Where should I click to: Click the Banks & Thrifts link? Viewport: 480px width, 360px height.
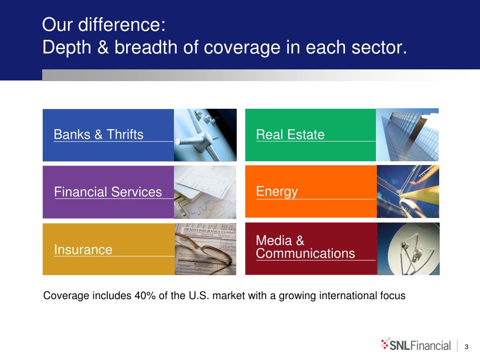pos(98,135)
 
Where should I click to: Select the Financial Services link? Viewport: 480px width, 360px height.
pos(108,192)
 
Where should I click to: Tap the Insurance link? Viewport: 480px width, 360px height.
pos(83,249)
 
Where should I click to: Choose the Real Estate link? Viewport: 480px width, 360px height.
pos(290,135)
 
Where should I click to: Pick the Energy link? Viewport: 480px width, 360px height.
pos(277,192)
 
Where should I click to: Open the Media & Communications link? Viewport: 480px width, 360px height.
pos(306,247)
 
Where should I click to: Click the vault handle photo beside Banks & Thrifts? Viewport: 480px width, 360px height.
pos(205,135)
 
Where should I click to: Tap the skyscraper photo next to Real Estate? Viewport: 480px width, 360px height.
pos(407,135)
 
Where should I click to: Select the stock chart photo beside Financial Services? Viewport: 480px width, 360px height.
pos(205,192)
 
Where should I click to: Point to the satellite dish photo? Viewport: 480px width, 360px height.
pos(408,249)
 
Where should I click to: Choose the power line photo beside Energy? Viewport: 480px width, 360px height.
pos(408,192)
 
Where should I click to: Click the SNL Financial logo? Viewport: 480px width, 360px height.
pos(416,345)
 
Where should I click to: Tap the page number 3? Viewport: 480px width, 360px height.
pos(466,347)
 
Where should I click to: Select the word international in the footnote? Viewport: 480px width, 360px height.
pos(347,296)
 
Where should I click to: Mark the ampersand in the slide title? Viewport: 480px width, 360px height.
pos(103,47)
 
